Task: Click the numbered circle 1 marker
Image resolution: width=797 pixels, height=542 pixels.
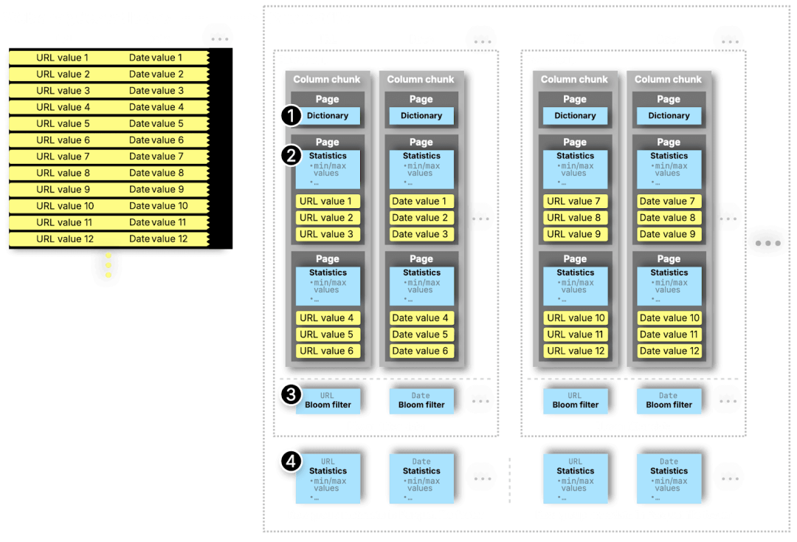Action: click(x=291, y=115)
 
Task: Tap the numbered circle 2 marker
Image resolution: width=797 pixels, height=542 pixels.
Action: click(x=291, y=155)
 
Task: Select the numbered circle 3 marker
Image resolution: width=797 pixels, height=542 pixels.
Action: click(x=291, y=394)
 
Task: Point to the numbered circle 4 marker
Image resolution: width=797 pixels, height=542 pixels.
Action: click(x=291, y=462)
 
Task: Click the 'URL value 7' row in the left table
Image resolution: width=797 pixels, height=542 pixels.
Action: click(x=63, y=157)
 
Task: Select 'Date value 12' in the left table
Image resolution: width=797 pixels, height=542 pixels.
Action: click(x=158, y=239)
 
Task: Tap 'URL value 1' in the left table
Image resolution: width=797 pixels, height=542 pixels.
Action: click(x=63, y=58)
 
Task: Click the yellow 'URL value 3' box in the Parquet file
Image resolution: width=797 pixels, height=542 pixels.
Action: click(x=327, y=234)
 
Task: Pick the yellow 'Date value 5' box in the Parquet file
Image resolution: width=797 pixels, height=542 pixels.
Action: click(x=420, y=335)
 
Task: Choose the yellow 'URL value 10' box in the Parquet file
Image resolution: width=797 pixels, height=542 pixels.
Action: click(x=576, y=318)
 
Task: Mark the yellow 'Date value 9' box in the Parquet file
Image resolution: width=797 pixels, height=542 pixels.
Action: click(x=668, y=234)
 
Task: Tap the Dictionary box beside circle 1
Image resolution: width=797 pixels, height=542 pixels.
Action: click(x=328, y=116)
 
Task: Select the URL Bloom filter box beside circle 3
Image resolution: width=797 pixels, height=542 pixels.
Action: click(x=328, y=400)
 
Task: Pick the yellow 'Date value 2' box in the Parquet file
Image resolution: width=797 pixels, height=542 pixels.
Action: click(x=420, y=218)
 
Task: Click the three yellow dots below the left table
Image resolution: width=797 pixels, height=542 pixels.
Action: click(x=108, y=266)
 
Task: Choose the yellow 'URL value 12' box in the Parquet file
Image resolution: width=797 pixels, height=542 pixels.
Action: click(x=576, y=351)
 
